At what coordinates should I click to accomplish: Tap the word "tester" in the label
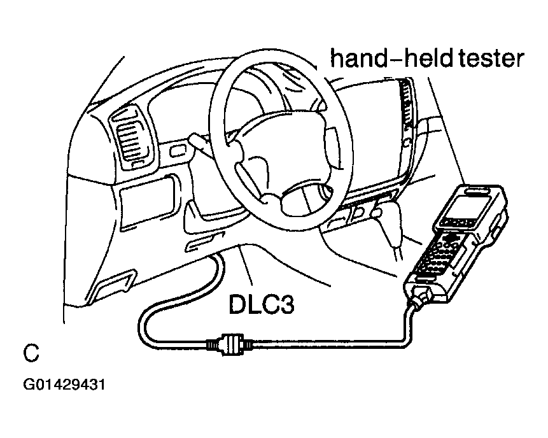491,59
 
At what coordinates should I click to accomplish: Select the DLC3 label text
262,304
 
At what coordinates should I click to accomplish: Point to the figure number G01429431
64,385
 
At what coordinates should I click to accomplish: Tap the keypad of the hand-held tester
440,255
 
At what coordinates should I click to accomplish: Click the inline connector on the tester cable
229,344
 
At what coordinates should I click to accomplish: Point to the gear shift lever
389,227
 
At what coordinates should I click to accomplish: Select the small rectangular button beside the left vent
178,151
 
